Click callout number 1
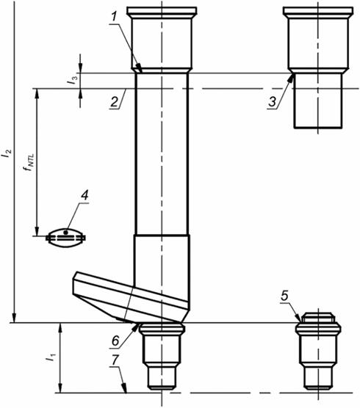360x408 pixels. (x=114, y=17)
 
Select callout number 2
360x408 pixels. (x=115, y=102)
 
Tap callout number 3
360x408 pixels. (x=273, y=102)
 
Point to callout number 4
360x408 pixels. (x=84, y=196)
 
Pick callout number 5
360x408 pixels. (x=284, y=296)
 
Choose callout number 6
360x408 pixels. (x=115, y=341)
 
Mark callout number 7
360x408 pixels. (x=115, y=360)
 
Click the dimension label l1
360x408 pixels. (x=51, y=358)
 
